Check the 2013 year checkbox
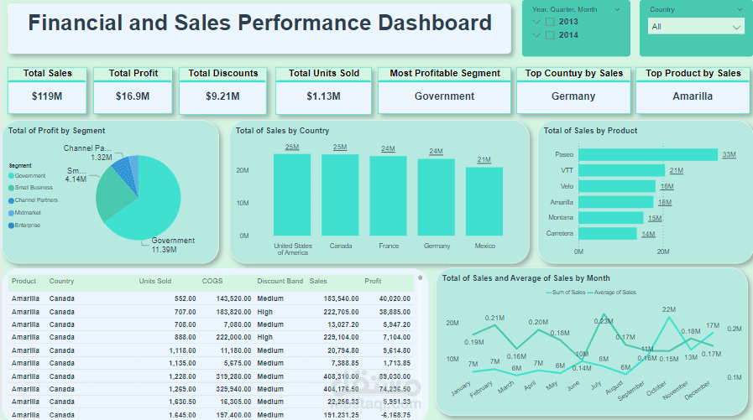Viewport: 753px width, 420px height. (x=550, y=22)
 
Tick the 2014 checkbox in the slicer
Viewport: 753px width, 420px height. (x=550, y=35)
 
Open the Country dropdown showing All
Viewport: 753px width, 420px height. (x=696, y=27)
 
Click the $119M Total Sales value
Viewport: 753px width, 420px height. (x=47, y=96)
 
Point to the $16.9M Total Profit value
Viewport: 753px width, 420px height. (x=133, y=96)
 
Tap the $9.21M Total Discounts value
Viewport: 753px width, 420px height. (x=224, y=96)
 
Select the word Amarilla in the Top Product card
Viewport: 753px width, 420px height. (x=693, y=96)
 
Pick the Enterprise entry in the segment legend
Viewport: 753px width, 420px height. (x=28, y=225)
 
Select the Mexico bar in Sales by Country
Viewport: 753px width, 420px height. (x=484, y=201)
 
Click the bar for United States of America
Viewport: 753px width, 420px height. (x=292, y=194)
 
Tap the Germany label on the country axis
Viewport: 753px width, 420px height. (x=436, y=246)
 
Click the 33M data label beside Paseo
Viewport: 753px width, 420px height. (x=729, y=154)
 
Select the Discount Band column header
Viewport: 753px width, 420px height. (x=280, y=282)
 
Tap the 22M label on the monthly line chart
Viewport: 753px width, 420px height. (x=669, y=310)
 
